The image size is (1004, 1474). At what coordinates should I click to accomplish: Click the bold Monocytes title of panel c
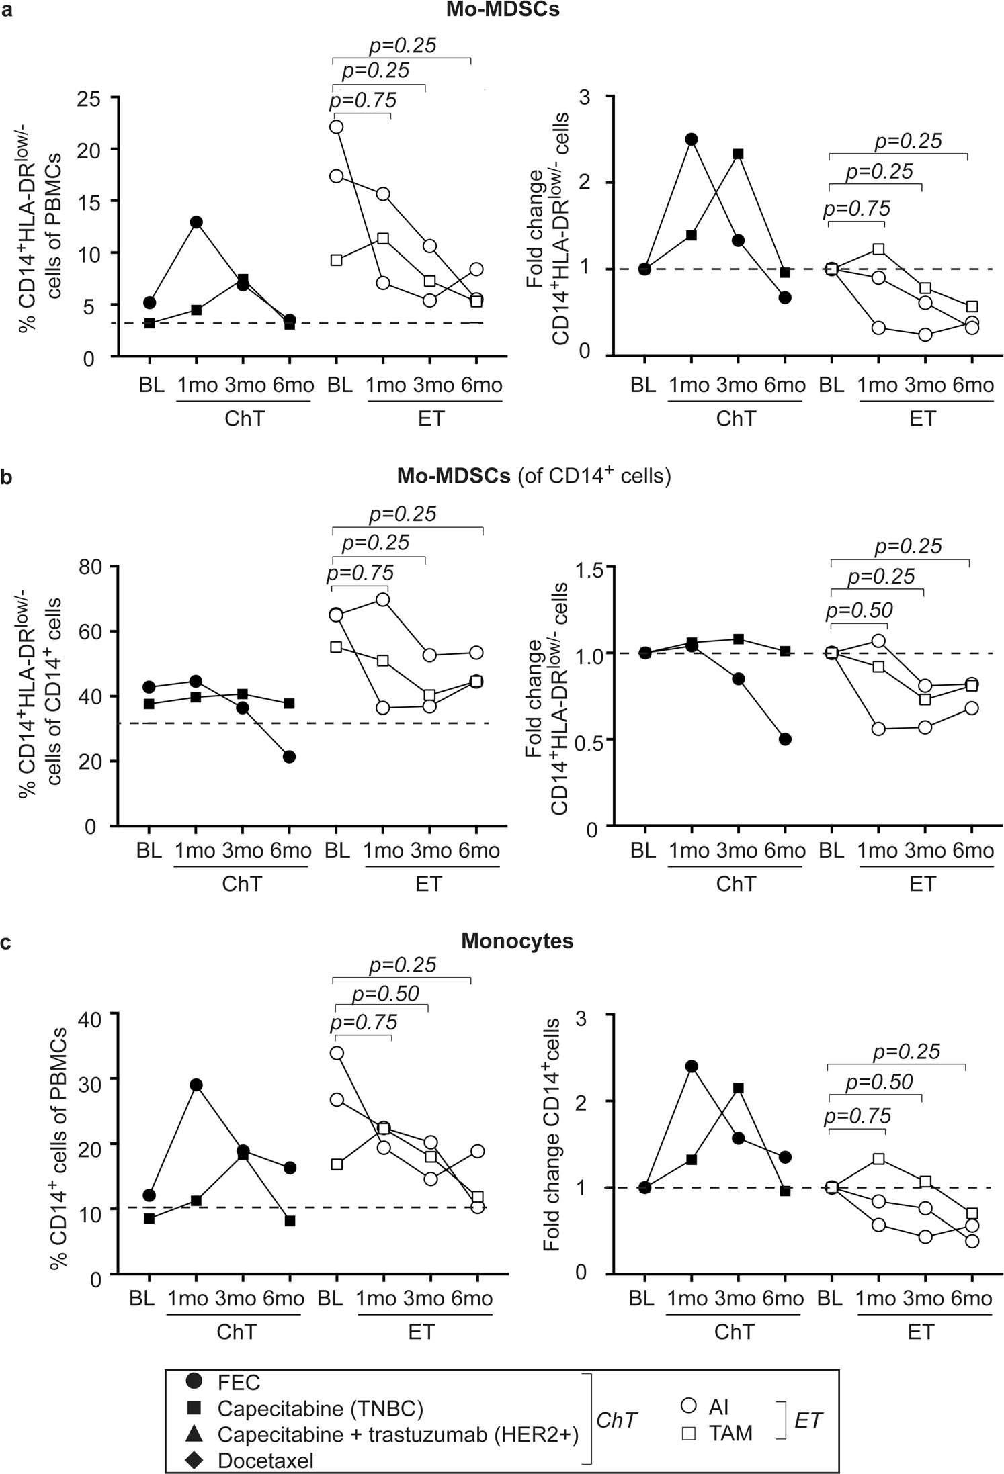[517, 941]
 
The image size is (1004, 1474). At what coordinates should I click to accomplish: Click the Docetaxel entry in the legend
[265, 1454]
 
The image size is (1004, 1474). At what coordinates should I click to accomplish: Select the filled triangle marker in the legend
[194, 1431]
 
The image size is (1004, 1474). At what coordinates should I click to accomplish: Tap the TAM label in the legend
[731, 1431]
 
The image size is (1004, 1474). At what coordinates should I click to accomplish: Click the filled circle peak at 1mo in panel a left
[196, 222]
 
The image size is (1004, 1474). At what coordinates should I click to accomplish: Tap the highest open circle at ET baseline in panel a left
[337, 127]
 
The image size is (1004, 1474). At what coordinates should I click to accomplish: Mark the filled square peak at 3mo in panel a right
[738, 154]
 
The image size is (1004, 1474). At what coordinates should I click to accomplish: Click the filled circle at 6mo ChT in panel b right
[784, 739]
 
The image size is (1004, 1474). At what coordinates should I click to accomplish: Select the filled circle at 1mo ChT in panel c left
[196, 1085]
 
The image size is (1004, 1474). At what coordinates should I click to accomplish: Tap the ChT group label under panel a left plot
[243, 418]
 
